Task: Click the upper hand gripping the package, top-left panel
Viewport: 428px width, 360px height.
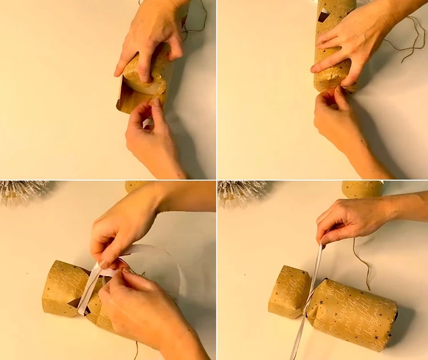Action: pos(150,34)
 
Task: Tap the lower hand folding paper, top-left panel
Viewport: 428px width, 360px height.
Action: pos(150,137)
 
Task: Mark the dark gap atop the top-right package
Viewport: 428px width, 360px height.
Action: pos(324,15)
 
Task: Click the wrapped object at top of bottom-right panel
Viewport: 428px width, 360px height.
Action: pos(363,188)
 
